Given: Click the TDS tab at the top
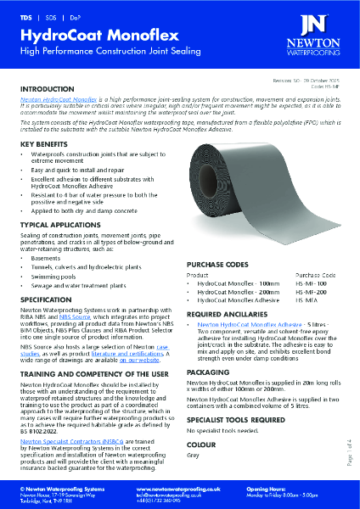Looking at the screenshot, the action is coord(25,17).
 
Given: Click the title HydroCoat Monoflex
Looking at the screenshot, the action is coord(88,36).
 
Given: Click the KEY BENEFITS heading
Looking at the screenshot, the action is coord(46,145).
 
